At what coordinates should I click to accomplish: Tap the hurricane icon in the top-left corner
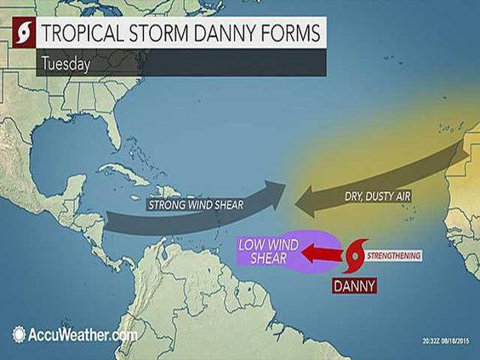click(x=17, y=35)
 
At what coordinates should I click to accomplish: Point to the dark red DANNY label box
click(x=351, y=286)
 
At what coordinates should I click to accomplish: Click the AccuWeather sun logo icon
click(x=18, y=334)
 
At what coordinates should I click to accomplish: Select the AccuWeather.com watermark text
click(x=81, y=334)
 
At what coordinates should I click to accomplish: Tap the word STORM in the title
click(x=155, y=34)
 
